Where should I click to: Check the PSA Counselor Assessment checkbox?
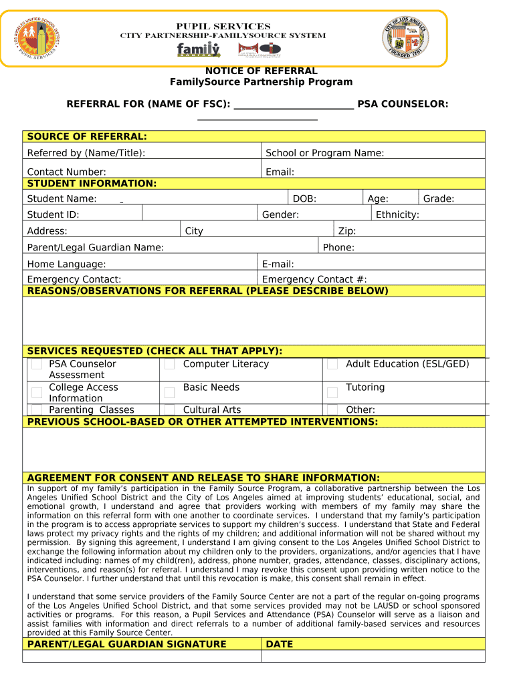(37, 365)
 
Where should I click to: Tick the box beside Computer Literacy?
(170, 364)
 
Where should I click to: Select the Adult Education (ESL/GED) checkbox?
(332, 365)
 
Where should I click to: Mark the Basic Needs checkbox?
(170, 393)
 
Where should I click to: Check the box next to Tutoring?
(332, 393)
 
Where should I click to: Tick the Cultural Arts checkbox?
(170, 409)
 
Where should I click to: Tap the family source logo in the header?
(198, 50)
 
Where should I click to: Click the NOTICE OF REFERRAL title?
(261, 71)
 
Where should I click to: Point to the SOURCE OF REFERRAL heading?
(87, 137)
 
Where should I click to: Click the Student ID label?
(53, 214)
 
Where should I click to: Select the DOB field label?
(304, 198)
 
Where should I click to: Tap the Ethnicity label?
(397, 214)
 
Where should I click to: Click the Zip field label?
(347, 231)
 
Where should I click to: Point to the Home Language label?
(66, 264)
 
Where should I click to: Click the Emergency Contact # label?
(314, 279)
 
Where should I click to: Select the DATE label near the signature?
(279, 644)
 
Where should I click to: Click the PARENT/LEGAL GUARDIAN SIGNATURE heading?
(126, 644)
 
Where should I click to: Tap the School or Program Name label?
(324, 153)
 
